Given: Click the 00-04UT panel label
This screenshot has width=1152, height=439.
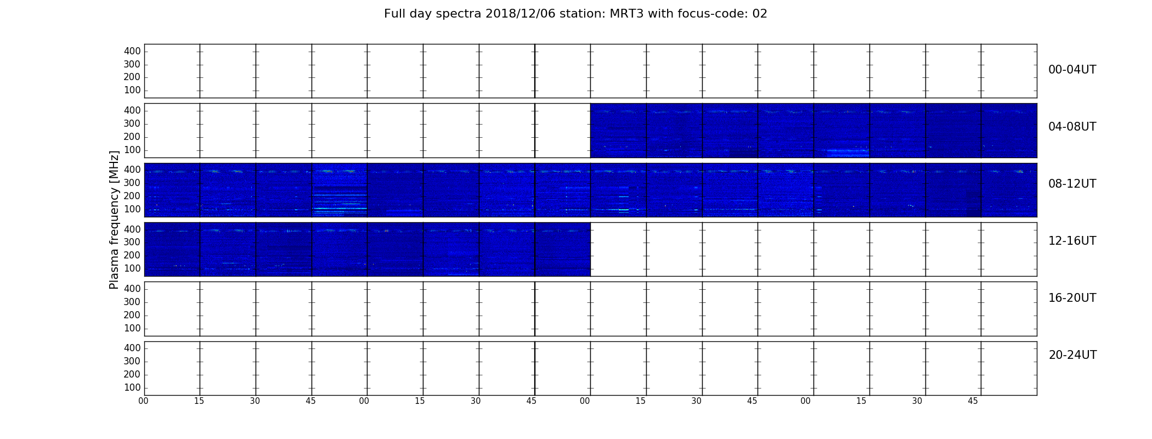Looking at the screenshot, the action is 1072,70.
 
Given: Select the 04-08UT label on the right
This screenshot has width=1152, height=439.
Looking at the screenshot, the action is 1072,127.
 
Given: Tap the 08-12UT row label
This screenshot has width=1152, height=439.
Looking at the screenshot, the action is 1072,184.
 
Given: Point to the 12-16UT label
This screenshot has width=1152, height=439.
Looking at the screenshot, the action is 1072,241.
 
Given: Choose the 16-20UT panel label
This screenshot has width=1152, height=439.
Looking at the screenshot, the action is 1072,298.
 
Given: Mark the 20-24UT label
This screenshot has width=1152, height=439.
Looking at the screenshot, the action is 1072,355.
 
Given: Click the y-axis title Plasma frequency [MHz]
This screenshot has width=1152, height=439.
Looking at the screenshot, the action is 114,220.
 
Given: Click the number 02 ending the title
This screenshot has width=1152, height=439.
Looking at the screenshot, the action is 760,14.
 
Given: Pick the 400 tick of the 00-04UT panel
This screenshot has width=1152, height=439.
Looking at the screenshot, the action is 132,51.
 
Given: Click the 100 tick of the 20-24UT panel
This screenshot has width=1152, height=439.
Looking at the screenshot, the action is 132,387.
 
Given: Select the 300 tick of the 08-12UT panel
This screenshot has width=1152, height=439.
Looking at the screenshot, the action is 132,183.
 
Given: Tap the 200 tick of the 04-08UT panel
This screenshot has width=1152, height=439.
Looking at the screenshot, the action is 132,137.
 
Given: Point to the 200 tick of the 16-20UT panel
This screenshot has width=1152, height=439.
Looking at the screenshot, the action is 132,315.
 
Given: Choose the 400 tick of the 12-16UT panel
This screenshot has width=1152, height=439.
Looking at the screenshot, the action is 132,229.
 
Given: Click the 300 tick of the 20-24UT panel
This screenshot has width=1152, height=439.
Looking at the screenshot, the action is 132,361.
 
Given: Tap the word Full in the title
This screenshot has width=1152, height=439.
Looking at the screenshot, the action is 394,14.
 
